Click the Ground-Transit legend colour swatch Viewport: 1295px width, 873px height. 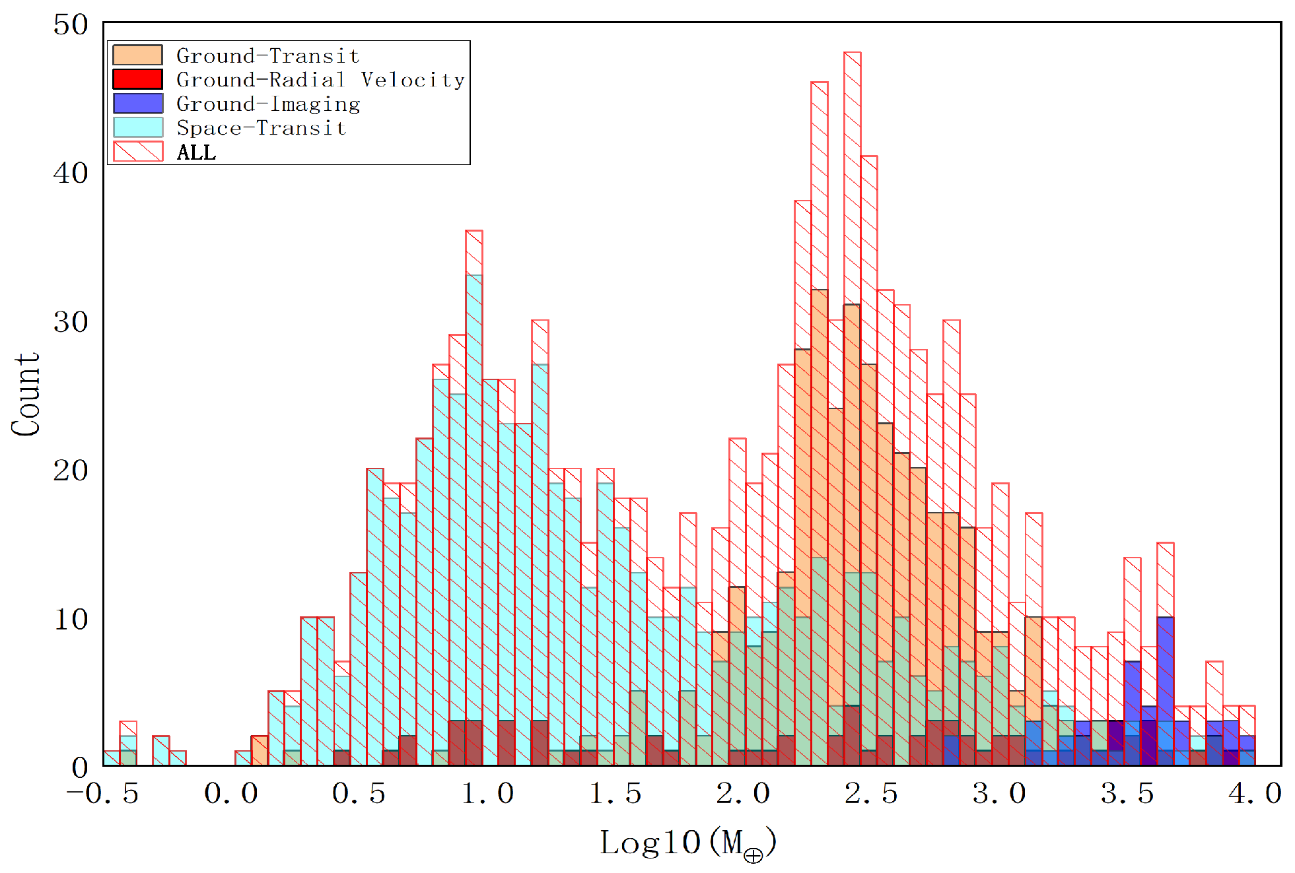[137, 55]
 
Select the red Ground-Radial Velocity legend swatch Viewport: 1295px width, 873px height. [137, 79]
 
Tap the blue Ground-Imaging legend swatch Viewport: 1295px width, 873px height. [137, 104]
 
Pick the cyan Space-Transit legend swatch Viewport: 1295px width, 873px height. [137, 127]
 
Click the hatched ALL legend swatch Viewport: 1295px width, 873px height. [137, 152]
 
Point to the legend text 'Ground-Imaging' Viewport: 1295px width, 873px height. [268, 104]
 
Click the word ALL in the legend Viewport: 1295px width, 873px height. [196, 152]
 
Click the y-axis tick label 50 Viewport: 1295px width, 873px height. [71, 25]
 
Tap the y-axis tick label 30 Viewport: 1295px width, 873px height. [71, 322]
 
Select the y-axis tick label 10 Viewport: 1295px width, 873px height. [71, 620]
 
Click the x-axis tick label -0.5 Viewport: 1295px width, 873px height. [103, 793]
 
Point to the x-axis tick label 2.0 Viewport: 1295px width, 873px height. [744, 793]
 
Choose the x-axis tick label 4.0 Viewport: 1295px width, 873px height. [1255, 793]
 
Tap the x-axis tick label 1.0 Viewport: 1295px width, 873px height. [487, 793]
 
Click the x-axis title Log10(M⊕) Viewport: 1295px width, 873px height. [687, 843]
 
